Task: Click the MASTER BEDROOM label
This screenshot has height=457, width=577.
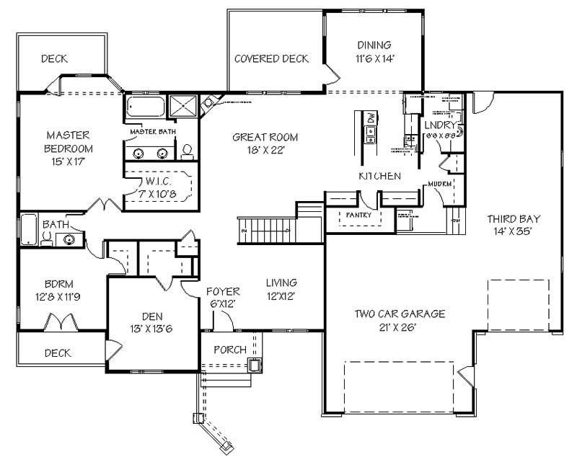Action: coord(69,141)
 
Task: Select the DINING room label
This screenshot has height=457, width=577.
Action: coord(373,51)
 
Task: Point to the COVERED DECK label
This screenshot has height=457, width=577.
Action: coord(271,58)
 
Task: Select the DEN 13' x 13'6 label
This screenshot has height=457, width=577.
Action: coord(152,321)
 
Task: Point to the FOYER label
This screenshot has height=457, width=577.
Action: coord(222,297)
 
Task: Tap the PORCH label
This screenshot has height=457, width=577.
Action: coord(231,350)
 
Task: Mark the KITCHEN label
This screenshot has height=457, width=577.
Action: coord(379,176)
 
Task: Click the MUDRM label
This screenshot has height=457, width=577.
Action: coord(439,184)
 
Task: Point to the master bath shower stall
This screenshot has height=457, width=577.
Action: coord(183,106)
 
